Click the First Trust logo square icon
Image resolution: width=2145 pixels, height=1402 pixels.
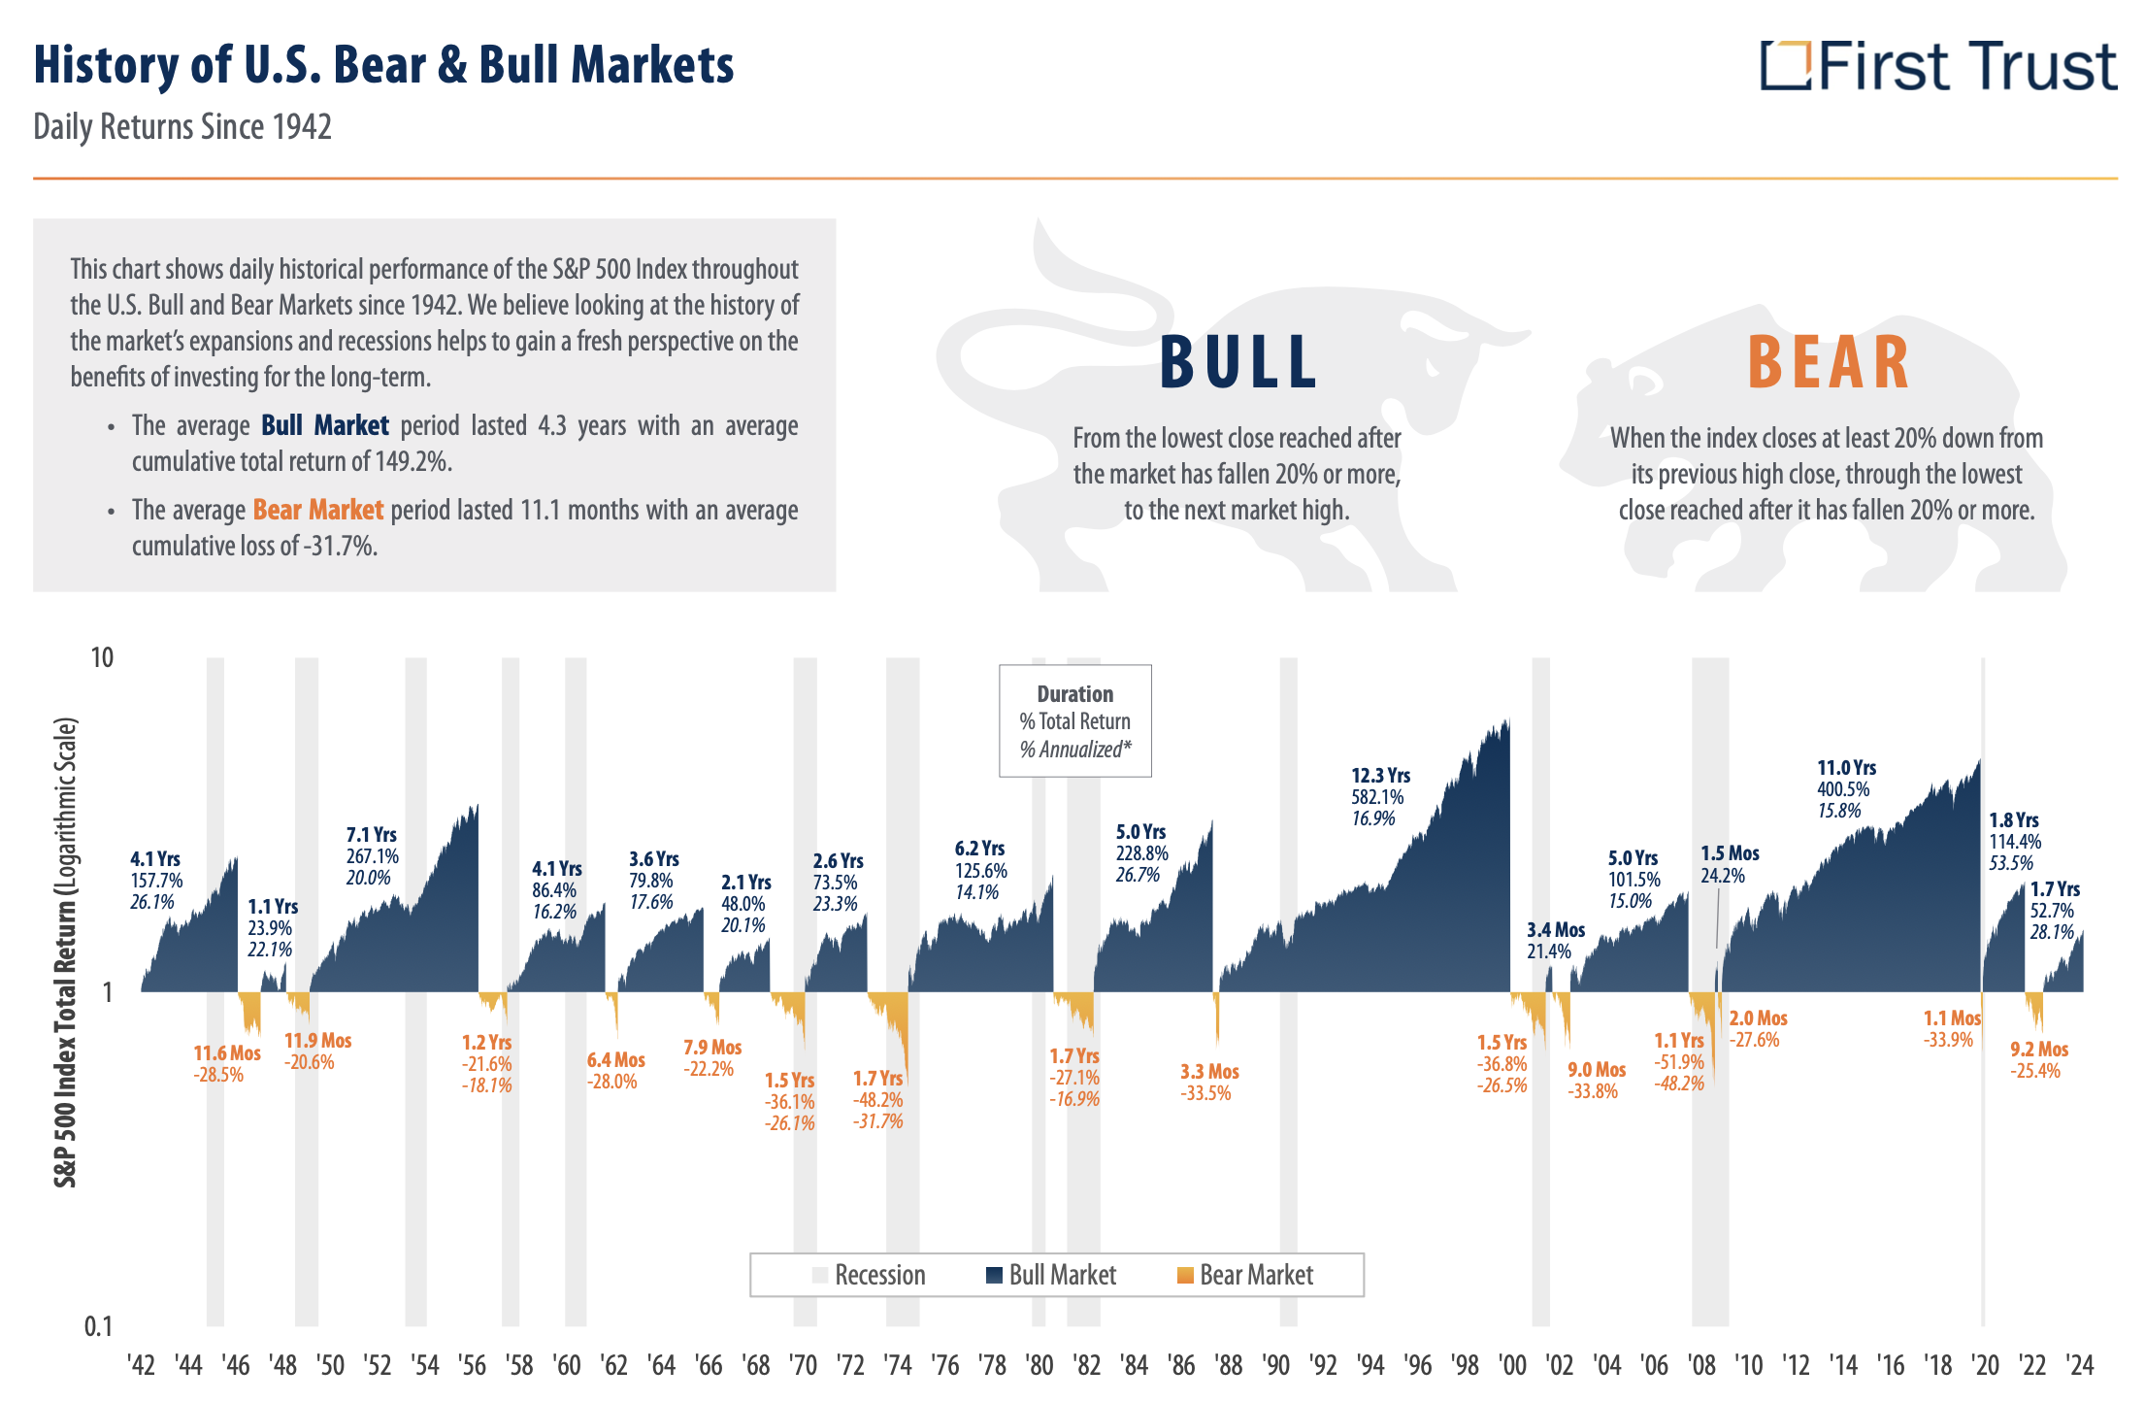point(1785,65)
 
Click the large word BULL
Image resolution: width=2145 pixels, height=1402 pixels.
point(1237,363)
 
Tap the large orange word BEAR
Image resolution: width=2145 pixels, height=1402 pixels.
point(1829,363)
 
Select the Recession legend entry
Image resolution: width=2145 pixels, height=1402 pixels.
point(869,1275)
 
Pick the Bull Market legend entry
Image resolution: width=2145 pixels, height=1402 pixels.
point(1051,1275)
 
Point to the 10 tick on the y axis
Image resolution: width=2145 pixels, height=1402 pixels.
point(102,658)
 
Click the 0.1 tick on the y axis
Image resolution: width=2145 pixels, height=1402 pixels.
point(98,1326)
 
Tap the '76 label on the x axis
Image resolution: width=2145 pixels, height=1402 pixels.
point(944,1366)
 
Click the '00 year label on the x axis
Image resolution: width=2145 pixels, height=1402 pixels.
point(1512,1366)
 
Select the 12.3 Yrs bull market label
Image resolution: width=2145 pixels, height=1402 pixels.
point(1380,776)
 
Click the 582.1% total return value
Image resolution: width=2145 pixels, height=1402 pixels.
point(1377,797)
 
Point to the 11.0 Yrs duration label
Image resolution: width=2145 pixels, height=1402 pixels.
point(1846,768)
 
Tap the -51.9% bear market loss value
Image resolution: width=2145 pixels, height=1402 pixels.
point(1679,1062)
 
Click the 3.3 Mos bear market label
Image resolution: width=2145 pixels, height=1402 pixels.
point(1209,1072)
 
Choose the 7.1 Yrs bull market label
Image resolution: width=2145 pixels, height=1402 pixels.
point(371,835)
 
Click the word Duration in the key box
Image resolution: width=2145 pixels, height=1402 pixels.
point(1074,694)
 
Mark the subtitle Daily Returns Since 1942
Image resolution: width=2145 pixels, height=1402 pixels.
point(182,127)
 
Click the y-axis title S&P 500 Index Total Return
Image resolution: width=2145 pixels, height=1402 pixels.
point(65,951)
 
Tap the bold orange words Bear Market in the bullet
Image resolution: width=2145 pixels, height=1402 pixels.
point(318,510)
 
